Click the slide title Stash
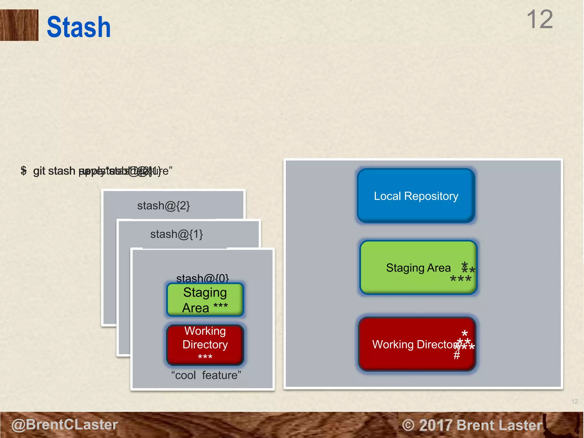[78, 27]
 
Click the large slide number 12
[540, 19]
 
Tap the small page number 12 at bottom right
[575, 401]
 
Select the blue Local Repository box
[416, 196]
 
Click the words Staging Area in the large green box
[418, 268]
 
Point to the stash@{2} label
[163, 206]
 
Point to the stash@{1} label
[177, 234]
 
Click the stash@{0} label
[202, 278]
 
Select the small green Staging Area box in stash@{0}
[205, 299]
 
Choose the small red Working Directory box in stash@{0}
[205, 344]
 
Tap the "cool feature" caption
[206, 375]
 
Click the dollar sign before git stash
[24, 171]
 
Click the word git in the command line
[39, 171]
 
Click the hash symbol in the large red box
[457, 355]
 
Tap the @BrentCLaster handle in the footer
[64, 425]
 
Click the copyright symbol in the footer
[408, 425]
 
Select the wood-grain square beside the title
[19, 25]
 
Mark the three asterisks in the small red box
[205, 357]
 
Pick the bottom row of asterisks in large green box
[461, 279]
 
